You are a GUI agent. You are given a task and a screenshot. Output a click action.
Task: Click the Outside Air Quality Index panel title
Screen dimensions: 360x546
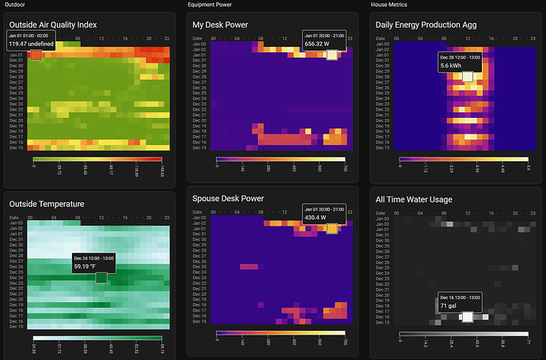click(53, 25)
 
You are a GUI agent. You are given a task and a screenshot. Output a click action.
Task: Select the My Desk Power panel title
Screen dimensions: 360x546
click(220, 25)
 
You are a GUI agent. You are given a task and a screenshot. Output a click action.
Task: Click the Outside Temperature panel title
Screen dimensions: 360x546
click(47, 203)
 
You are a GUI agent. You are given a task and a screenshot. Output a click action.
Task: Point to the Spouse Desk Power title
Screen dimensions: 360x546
click(228, 198)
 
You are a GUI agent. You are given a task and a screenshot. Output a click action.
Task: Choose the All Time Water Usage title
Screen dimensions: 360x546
click(414, 199)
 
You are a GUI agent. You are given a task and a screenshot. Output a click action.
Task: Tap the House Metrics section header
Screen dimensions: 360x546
click(389, 5)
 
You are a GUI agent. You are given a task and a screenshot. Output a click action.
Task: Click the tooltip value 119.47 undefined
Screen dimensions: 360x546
click(31, 44)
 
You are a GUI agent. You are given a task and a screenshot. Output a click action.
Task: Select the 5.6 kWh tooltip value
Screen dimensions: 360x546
click(450, 66)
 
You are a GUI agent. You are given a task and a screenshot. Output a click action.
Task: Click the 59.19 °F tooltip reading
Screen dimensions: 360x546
click(86, 267)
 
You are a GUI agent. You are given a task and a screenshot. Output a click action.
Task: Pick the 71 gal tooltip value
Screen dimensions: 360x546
click(449, 305)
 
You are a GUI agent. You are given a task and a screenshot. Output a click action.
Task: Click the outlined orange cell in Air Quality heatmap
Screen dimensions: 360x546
click(35, 55)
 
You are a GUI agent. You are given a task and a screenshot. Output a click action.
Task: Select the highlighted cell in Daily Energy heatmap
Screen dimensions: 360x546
click(468, 77)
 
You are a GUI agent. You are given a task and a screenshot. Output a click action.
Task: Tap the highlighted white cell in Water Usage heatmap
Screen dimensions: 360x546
click(467, 316)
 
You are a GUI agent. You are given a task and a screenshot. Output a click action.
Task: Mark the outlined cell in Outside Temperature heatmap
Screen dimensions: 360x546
click(100, 277)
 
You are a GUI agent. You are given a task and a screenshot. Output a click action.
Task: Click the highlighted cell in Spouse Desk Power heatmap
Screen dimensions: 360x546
click(332, 229)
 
